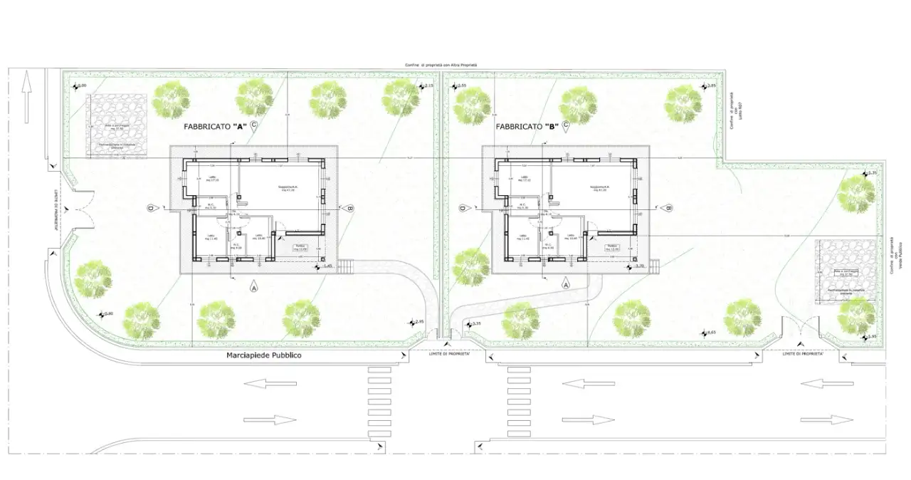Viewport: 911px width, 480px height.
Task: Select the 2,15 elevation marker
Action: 424,87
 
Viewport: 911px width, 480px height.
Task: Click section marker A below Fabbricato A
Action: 253,287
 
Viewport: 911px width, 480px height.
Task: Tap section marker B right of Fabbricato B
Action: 669,208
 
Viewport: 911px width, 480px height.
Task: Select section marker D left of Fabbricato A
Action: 151,208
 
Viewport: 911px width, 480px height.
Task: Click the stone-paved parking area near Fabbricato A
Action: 118,124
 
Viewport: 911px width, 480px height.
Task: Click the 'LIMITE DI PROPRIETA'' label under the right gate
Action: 803,354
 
